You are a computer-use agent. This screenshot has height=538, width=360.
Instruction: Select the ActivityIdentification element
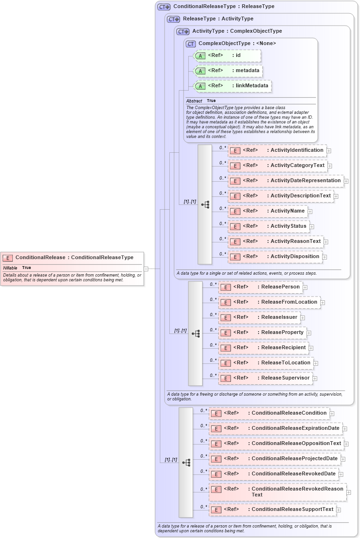(277, 150)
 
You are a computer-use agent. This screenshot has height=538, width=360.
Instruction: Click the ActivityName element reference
(268, 211)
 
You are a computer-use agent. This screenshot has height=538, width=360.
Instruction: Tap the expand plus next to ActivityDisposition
(324, 257)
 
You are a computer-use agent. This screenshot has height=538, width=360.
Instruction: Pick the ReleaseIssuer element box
(259, 317)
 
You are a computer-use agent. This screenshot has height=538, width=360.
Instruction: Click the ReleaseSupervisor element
(265, 378)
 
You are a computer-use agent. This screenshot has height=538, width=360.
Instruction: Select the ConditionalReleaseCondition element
(269, 413)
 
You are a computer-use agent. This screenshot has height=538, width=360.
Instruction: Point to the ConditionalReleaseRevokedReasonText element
(277, 492)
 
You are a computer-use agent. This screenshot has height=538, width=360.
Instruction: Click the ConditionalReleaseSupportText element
(273, 510)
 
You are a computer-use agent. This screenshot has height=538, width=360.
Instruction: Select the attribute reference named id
(228, 56)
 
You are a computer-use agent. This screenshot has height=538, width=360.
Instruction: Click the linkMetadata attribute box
(233, 86)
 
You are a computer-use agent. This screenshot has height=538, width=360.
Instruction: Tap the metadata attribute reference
(229, 71)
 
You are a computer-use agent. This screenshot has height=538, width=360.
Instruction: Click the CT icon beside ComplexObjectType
(191, 44)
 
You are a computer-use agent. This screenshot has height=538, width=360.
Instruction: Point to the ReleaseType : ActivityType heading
(218, 19)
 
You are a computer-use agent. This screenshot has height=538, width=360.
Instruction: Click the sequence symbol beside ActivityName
(205, 204)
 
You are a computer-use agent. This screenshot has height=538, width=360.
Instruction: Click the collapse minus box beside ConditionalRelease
(146, 269)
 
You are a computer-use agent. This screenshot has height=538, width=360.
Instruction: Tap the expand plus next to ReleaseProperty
(309, 333)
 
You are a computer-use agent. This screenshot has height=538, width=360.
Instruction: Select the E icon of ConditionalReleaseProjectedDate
(216, 459)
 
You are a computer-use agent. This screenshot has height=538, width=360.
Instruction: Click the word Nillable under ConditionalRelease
(10, 268)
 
